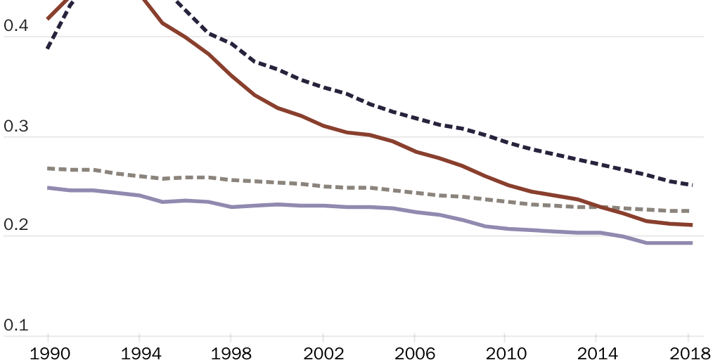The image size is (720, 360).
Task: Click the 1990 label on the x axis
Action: pos(49,352)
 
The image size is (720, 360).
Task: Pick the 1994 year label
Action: pos(139,352)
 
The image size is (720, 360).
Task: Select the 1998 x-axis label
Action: pos(231,352)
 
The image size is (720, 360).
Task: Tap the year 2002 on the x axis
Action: pos(322,352)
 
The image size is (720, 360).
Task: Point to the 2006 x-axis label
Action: pos(413,352)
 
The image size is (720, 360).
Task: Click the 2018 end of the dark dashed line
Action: pos(692,185)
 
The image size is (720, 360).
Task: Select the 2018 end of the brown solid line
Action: pos(692,225)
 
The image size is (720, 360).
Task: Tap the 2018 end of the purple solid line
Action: pos(692,243)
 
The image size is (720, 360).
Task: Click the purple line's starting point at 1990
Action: pos(48,188)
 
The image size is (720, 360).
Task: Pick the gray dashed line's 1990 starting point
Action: pos(48,168)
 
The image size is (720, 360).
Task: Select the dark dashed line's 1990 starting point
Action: pos(48,48)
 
